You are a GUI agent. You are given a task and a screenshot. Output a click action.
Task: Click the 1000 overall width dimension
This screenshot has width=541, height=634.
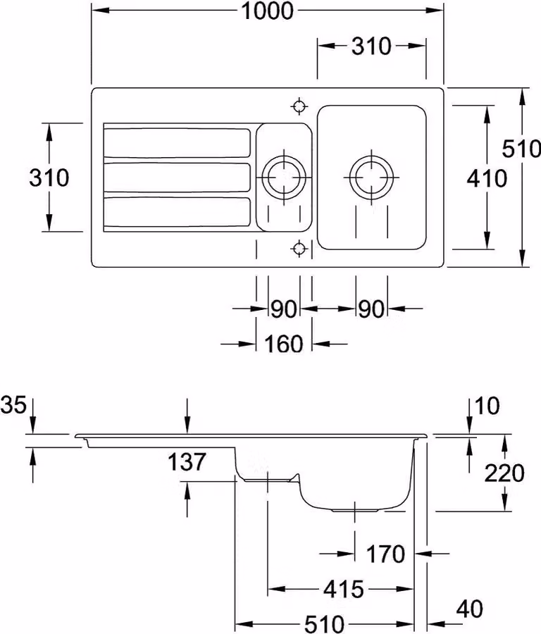click(267, 11)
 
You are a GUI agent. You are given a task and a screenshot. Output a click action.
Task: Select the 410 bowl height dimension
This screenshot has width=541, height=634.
click(487, 178)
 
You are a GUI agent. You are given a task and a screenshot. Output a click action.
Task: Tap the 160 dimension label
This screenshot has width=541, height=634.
click(283, 344)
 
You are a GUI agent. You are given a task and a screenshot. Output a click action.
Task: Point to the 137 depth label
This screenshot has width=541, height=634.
click(187, 461)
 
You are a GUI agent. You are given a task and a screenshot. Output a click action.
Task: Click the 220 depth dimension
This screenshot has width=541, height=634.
click(504, 473)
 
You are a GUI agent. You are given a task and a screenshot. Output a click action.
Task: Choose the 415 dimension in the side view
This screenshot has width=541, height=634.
click(344, 589)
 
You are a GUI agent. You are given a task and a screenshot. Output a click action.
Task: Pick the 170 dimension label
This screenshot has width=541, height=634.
click(385, 554)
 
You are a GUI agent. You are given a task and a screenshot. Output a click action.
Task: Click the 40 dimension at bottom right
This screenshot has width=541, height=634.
click(469, 609)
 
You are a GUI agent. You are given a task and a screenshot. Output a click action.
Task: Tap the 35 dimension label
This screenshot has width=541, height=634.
click(13, 405)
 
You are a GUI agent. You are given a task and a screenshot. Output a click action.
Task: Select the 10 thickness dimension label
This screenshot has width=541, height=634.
click(487, 406)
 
